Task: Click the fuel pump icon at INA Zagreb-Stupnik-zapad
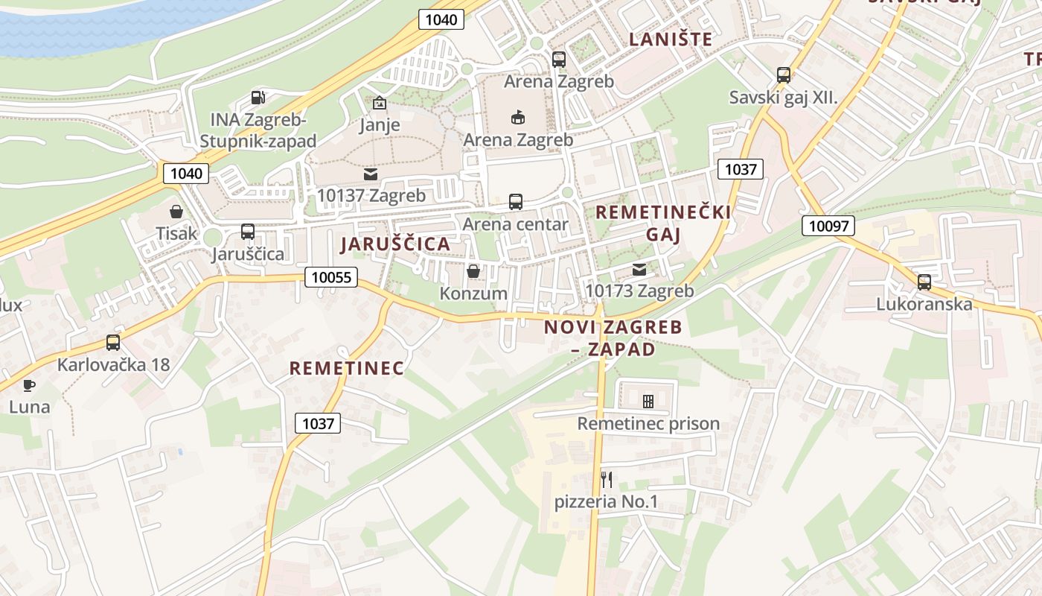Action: (258, 97)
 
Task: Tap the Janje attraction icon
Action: (380, 103)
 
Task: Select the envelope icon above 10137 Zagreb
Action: (370, 174)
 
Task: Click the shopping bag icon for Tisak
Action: (176, 212)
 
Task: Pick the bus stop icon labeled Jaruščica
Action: (248, 232)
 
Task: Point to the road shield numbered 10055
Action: (331, 278)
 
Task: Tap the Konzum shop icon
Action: (473, 271)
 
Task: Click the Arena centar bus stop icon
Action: (515, 201)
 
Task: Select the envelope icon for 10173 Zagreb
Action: (639, 269)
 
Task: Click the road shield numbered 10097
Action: (828, 226)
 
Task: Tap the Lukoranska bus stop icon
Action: (924, 282)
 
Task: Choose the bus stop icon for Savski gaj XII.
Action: (783, 75)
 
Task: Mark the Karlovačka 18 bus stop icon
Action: (113, 343)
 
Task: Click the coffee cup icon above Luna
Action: (29, 385)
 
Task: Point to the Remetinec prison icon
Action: (648, 402)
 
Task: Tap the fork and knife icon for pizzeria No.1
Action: (607, 479)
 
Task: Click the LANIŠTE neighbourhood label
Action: (671, 39)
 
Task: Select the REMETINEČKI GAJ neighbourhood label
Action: (663, 223)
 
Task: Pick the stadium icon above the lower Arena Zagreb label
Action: (518, 117)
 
